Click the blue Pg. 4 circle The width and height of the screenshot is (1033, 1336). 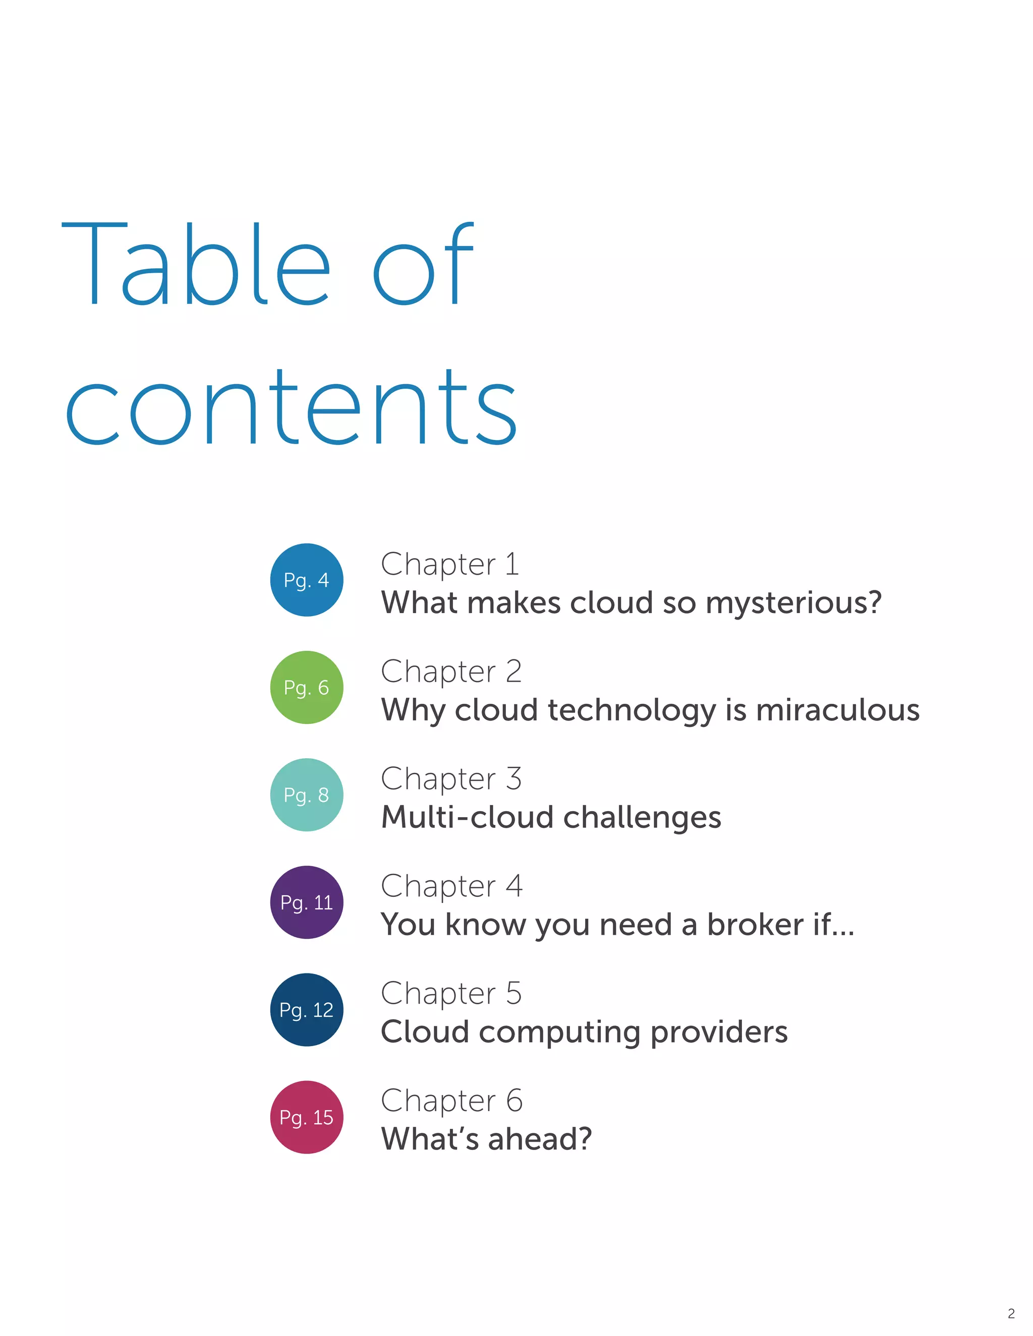[307, 580]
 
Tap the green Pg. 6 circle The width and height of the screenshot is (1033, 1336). [307, 687]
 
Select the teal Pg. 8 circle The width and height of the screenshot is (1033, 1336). [307, 795]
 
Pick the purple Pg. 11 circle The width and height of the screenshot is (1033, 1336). [307, 902]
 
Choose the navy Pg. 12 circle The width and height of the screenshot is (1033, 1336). [307, 1009]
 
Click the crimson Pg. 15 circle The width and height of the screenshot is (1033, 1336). [307, 1117]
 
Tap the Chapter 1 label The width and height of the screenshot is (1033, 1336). [450, 564]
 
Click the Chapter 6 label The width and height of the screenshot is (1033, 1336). [451, 1100]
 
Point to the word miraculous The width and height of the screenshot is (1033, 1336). [838, 710]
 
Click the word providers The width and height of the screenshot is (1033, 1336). [719, 1033]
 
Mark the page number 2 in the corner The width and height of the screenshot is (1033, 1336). [1011, 1313]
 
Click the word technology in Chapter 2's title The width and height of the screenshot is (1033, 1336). [631, 710]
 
